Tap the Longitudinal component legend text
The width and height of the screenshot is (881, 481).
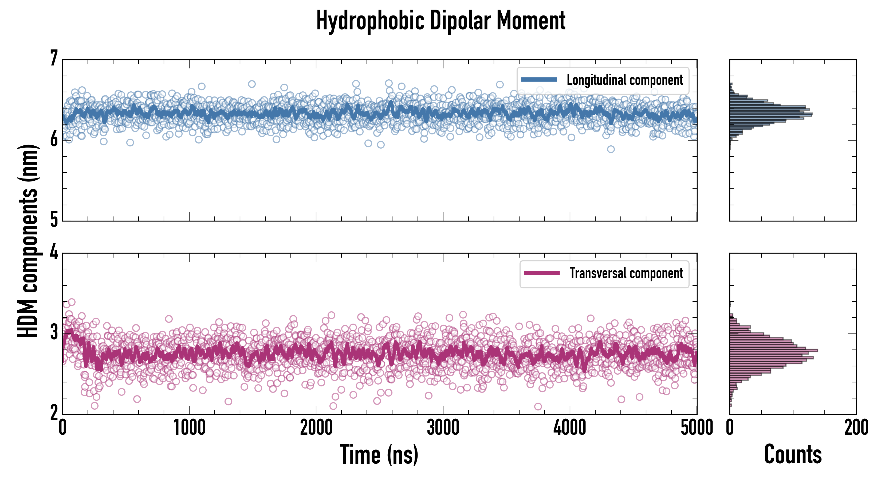pos(624,80)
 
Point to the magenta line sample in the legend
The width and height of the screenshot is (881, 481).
pos(541,273)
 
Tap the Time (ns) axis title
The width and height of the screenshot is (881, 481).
pos(379,454)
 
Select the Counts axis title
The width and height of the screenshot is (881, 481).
pos(792,454)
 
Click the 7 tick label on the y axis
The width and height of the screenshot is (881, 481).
pos(54,59)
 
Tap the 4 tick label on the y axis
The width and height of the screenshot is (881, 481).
pos(54,253)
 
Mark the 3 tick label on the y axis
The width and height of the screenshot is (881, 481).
pos(54,333)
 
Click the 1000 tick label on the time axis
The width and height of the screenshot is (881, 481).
pos(189,428)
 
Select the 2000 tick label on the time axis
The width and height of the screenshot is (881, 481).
pos(316,428)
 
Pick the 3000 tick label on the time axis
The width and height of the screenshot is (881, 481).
pos(443,428)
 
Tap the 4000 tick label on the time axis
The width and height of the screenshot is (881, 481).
pos(570,428)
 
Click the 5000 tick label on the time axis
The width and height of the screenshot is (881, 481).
pos(697,428)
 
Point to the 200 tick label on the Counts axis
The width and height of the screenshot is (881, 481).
pos(856,428)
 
